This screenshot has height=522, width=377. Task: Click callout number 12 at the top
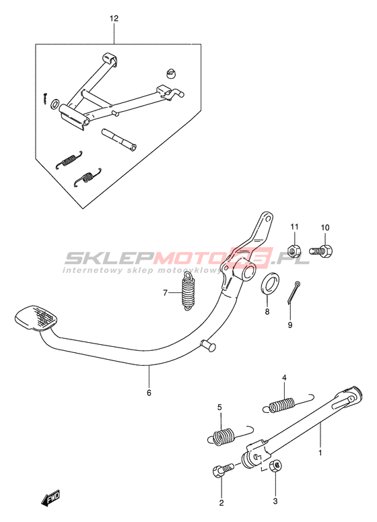coord(114,18)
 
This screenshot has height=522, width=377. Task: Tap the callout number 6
coord(149,393)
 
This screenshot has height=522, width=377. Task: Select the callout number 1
coord(320,453)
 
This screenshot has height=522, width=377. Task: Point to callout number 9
coord(290,325)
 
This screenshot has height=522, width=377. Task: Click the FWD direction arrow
coord(50,498)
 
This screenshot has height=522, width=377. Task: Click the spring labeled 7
coord(188,291)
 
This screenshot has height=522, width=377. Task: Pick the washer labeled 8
coord(270,284)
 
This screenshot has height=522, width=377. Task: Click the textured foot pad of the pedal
coord(36,318)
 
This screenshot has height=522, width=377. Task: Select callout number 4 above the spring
coord(284,377)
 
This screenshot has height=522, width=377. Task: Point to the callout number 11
coord(294,227)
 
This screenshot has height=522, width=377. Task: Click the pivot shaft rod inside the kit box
coord(119,140)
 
